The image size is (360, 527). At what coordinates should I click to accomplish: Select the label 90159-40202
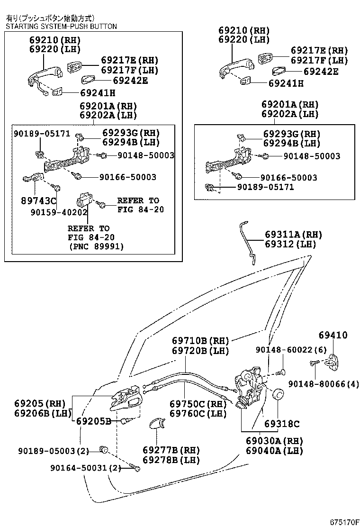click(x=64, y=212)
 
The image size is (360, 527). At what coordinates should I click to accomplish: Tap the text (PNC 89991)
click(x=97, y=246)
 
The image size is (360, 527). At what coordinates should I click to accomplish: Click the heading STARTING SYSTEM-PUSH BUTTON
click(x=61, y=27)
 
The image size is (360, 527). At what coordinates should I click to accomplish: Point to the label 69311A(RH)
click(x=293, y=235)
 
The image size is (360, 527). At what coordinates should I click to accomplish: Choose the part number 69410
click(x=333, y=335)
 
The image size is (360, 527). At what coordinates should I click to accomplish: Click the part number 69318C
click(x=282, y=424)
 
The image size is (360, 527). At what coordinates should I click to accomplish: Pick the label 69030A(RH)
click(x=274, y=441)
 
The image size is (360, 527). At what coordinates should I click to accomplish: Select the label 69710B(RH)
click(x=200, y=341)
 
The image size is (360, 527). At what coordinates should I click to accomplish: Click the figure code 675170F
click(x=343, y=522)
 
